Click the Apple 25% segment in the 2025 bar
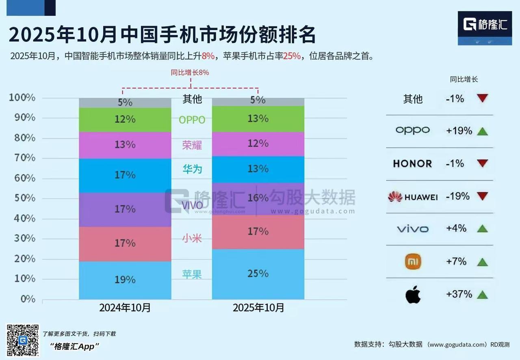click(258, 274)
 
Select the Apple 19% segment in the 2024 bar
click(125, 280)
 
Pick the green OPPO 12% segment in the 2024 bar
click(125, 119)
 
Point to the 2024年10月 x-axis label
click(125, 308)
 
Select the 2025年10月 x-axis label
click(258, 308)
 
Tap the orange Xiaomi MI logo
click(413, 262)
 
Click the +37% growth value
click(459, 294)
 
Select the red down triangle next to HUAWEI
click(482, 197)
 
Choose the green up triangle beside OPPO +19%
click(482, 131)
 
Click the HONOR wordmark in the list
click(412, 164)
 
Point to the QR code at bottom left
click(23, 340)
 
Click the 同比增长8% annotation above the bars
click(190, 73)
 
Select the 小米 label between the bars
click(192, 238)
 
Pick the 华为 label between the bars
click(192, 169)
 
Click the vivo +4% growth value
click(456, 228)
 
